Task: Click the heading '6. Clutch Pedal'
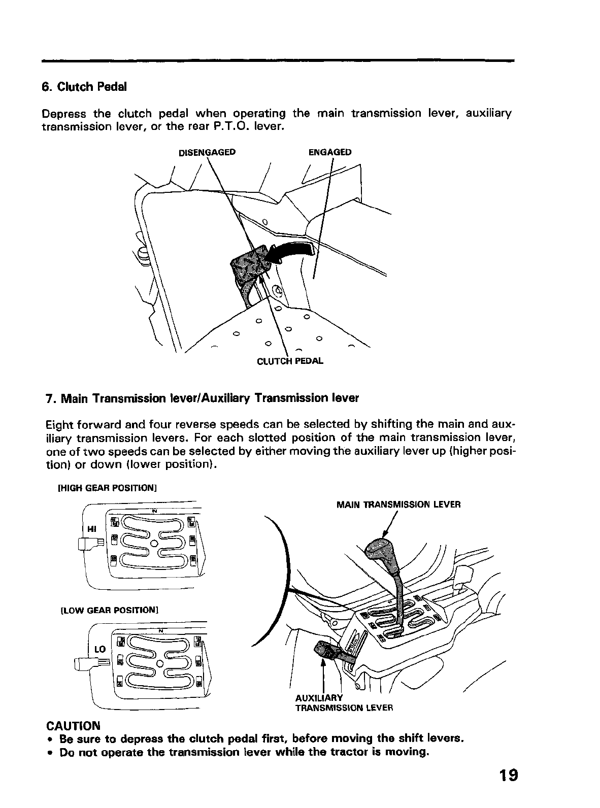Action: [84, 87]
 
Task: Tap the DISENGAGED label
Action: [207, 152]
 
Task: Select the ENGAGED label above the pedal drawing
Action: [330, 152]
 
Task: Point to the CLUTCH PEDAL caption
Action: [290, 361]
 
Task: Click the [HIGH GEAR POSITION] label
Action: [107, 488]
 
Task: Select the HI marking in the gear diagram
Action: [92, 529]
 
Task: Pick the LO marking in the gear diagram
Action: [99, 649]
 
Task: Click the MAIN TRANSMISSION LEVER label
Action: [398, 505]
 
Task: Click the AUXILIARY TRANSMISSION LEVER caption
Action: [344, 702]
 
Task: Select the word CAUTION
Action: [73, 725]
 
